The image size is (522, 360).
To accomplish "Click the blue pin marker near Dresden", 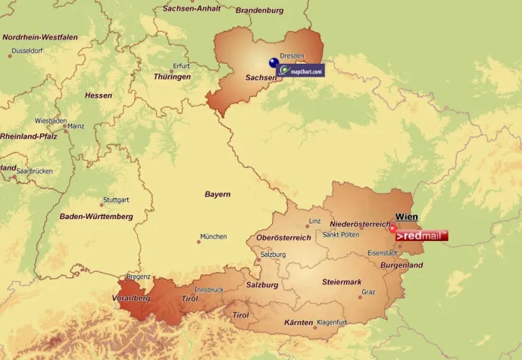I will point(273,64).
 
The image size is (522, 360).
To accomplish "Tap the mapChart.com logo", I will point(302,70).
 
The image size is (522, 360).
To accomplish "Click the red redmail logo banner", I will point(421,236).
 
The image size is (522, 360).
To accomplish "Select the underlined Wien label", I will point(407,217).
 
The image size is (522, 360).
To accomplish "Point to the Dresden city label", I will point(292,56).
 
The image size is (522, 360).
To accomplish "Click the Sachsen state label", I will point(261,78).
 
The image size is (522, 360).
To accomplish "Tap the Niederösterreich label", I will point(361,224).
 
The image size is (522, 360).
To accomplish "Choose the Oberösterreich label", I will point(283,238).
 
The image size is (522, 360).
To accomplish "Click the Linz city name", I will point(314,222).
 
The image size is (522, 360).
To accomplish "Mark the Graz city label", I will point(368,292).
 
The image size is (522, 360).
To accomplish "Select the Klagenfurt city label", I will point(331,322).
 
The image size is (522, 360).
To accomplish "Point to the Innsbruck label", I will point(209,290).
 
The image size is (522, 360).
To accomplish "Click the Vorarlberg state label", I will point(130,299).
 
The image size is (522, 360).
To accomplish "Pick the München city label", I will point(213,236).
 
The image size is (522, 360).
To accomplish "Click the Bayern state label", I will point(217,195).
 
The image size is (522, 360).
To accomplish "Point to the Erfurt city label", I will point(181,66).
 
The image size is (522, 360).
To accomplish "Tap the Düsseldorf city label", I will point(27,51).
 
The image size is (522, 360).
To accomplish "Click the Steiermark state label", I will point(342,282).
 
